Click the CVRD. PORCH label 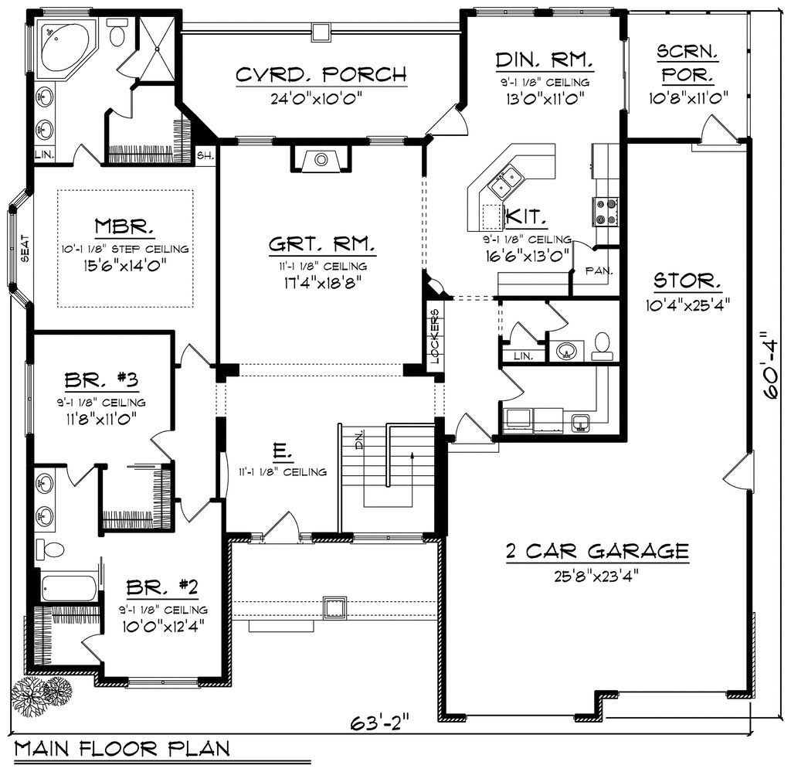pos(321,75)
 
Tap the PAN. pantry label pos(599,271)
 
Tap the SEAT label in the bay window pos(23,249)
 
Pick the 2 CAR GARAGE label pos(596,551)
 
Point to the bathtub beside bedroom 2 pos(70,588)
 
